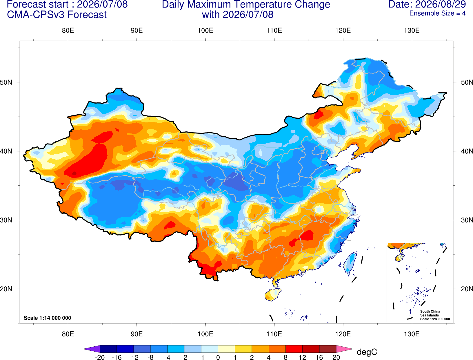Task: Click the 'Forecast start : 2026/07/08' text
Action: [x=67, y=4]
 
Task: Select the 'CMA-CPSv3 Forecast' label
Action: [x=57, y=15]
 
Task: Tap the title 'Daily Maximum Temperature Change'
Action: [x=246, y=5]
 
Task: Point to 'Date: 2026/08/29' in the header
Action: [x=427, y=4]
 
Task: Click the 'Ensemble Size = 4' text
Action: [x=437, y=13]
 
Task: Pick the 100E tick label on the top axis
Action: [x=205, y=30]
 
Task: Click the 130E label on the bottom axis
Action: [x=412, y=334]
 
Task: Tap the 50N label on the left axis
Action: [x=6, y=82]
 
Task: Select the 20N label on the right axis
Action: [x=467, y=289]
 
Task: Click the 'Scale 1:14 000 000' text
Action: [x=48, y=318]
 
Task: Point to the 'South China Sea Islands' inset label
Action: [x=430, y=313]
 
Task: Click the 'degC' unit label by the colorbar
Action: [x=367, y=352]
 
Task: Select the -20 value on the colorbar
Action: [x=100, y=357]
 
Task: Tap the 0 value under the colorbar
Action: [x=218, y=357]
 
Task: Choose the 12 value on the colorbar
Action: [x=302, y=357]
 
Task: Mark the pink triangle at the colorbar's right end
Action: [x=344, y=349]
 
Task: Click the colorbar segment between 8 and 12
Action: [x=294, y=349]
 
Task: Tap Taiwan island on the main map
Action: [x=350, y=263]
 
